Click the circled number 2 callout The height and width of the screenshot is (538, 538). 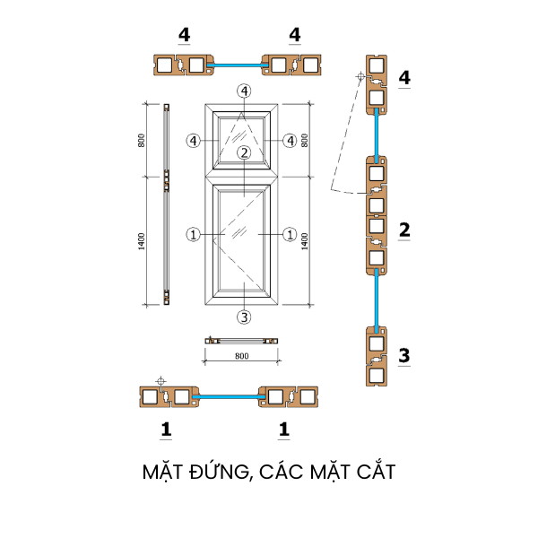coord(244,152)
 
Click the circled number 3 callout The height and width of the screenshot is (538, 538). coord(244,317)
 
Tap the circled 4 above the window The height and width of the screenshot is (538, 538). coord(244,91)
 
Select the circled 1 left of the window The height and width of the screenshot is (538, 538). coord(193,235)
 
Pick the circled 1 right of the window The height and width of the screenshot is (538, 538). coord(289,235)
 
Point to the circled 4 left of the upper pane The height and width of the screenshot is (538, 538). coord(193,140)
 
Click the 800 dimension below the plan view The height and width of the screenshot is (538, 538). coord(240,356)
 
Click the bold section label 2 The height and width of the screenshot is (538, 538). coord(404,230)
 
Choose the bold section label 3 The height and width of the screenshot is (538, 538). coord(404,355)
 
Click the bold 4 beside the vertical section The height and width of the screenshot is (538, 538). coord(404,78)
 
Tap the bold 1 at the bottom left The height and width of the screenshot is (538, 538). coord(166,430)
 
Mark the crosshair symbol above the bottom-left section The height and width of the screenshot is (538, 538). coord(161,382)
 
